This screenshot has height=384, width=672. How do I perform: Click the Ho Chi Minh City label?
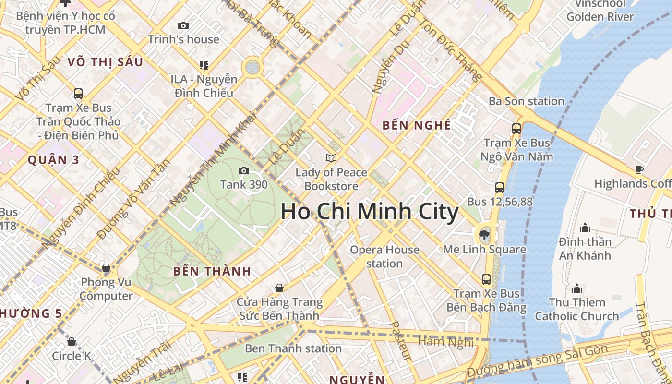click(x=369, y=212)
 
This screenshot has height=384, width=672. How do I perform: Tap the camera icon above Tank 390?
click(x=244, y=170)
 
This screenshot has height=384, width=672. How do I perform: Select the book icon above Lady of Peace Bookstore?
click(x=331, y=158)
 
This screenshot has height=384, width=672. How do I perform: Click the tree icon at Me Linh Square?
click(x=484, y=235)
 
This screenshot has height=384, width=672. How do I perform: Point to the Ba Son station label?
click(x=526, y=101)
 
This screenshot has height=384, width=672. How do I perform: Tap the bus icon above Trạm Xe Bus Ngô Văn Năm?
click(x=516, y=129)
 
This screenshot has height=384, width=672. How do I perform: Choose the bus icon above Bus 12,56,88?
click(x=500, y=188)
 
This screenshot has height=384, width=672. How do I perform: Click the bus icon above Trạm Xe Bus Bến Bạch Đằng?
click(x=486, y=279)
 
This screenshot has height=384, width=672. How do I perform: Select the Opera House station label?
click(x=384, y=256)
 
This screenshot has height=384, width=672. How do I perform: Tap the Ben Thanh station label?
click(x=293, y=348)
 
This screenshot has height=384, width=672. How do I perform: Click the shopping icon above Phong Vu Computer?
click(x=106, y=268)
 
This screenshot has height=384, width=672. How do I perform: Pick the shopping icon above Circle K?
click(x=72, y=342)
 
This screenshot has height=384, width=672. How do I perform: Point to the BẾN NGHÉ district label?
click(x=417, y=126)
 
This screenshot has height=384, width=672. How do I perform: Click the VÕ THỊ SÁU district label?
click(x=106, y=62)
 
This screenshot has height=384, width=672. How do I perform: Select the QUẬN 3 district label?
click(x=53, y=160)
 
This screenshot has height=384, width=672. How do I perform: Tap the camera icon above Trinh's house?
click(x=183, y=25)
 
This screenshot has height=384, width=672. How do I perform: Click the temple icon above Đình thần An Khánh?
click(x=585, y=227)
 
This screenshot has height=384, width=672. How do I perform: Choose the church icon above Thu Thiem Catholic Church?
click(x=577, y=288)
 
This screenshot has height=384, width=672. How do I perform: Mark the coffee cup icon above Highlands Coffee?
click(x=639, y=169)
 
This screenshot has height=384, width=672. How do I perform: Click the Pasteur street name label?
click(x=400, y=341)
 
